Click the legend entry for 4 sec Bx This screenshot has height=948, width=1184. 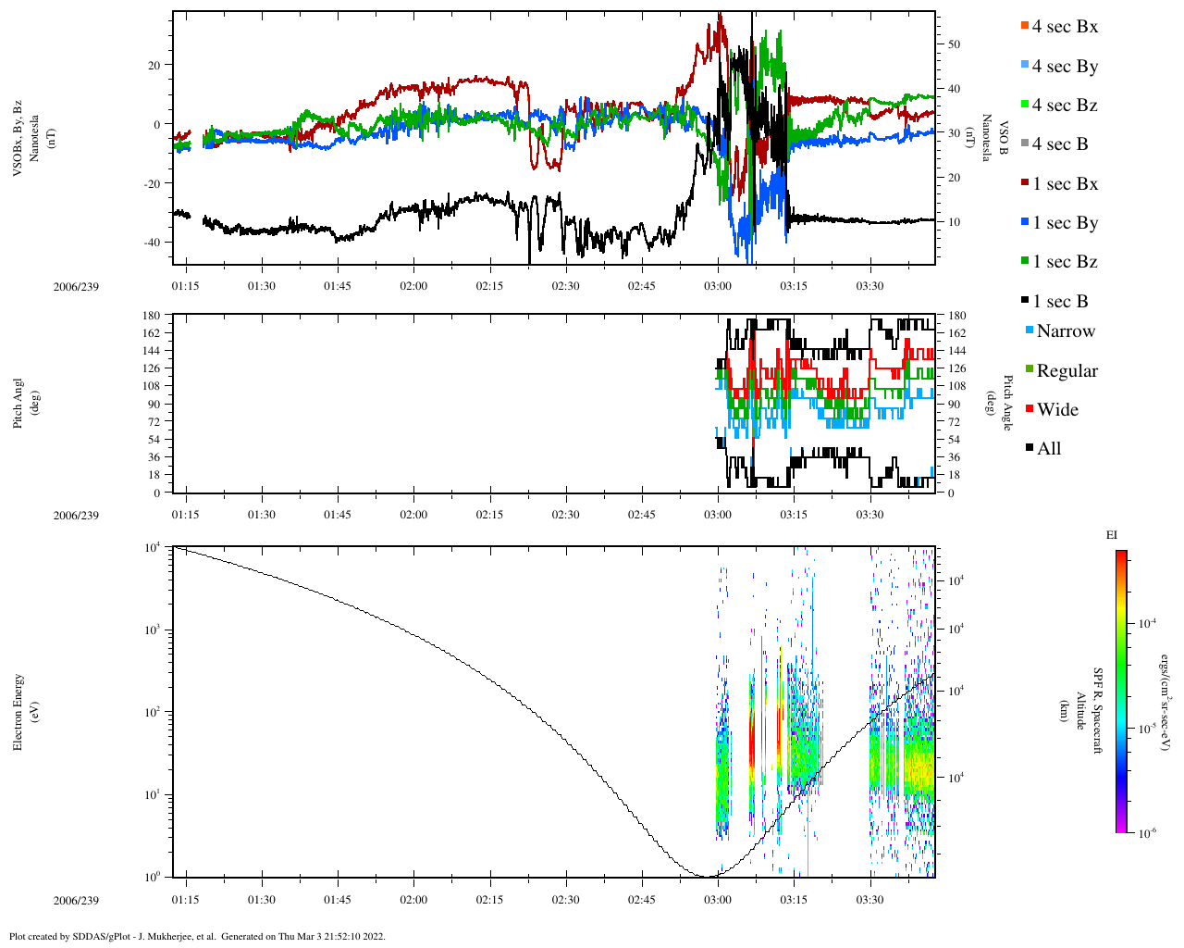coord(1065,27)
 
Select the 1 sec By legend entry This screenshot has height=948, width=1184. coord(1065,223)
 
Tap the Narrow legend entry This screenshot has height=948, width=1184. coord(1065,331)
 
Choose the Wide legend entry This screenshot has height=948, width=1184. coord(1057,410)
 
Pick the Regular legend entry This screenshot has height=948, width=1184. coord(1067,371)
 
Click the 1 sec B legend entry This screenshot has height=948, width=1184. coord(1060,302)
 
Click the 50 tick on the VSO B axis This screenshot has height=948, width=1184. coord(954,44)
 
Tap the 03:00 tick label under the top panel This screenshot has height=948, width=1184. coord(718,286)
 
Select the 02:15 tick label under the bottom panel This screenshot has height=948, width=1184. coord(490,900)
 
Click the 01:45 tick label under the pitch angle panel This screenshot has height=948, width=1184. coord(338,515)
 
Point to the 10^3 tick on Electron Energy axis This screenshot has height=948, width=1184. coord(151,630)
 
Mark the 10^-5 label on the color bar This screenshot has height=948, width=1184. coord(1146,729)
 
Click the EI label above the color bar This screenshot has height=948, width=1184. coord(1112,535)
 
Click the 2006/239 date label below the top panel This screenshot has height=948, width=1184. coord(76,287)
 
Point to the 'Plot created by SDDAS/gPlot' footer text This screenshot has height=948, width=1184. coord(197,936)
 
